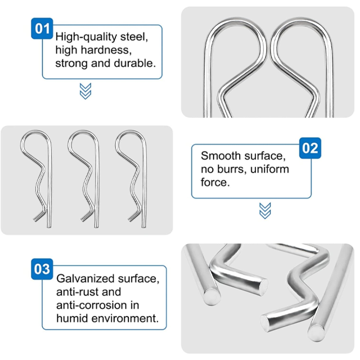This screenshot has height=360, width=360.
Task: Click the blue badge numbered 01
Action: (x=42, y=29)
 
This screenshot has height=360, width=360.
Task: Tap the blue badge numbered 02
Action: (x=310, y=148)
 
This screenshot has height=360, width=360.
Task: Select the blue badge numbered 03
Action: (x=42, y=269)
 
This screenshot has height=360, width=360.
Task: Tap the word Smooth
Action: (x=220, y=156)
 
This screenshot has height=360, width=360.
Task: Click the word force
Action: (x=215, y=182)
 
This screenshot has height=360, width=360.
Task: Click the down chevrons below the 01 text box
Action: (x=85, y=91)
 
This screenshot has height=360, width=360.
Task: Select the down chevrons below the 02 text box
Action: (x=265, y=210)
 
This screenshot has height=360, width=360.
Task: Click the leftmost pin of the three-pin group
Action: (x=49, y=179)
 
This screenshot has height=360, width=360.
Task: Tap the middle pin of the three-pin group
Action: (x=97, y=179)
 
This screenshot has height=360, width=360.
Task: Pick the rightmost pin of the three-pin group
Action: (x=144, y=179)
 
